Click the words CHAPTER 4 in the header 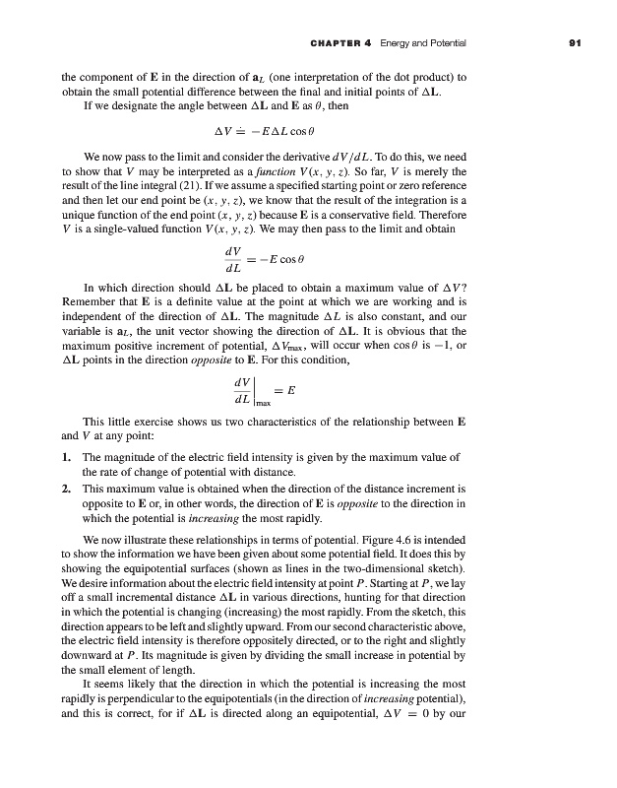pos(354,43)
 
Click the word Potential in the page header pos(445,43)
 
